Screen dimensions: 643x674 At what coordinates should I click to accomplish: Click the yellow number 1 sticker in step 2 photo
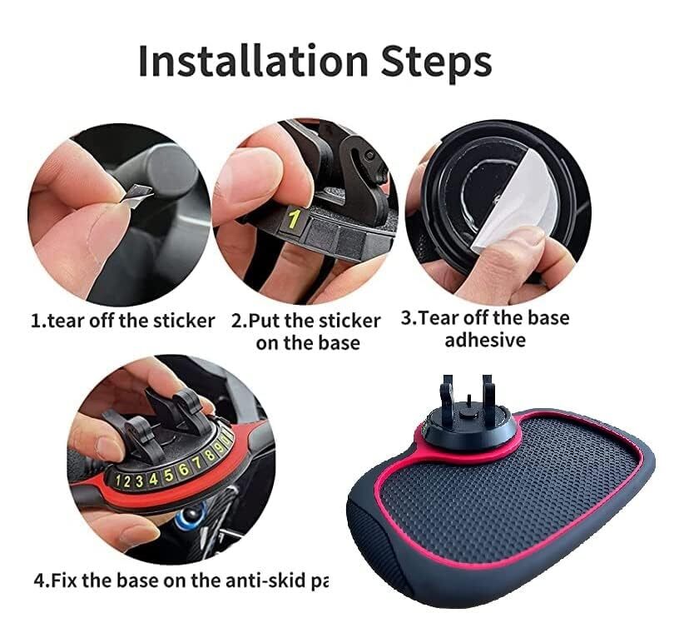293,221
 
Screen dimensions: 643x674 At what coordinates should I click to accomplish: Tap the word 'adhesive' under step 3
485,340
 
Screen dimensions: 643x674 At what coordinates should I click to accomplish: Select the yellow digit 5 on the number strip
169,476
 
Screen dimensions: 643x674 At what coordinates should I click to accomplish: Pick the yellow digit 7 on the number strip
198,468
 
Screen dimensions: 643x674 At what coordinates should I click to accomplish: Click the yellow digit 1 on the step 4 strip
118,481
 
